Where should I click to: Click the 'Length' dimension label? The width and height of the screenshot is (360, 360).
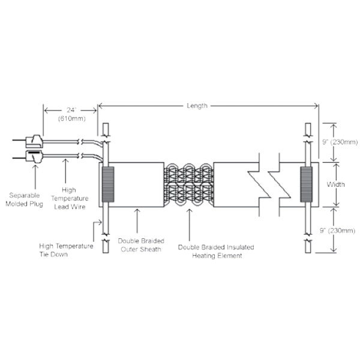click(x=196, y=106)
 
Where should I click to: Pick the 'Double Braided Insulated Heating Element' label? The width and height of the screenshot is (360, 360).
click(x=215, y=251)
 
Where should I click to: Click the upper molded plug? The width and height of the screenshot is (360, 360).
click(x=34, y=142)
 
